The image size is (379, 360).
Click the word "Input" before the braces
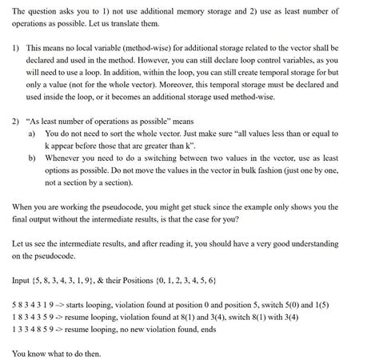[23, 278]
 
